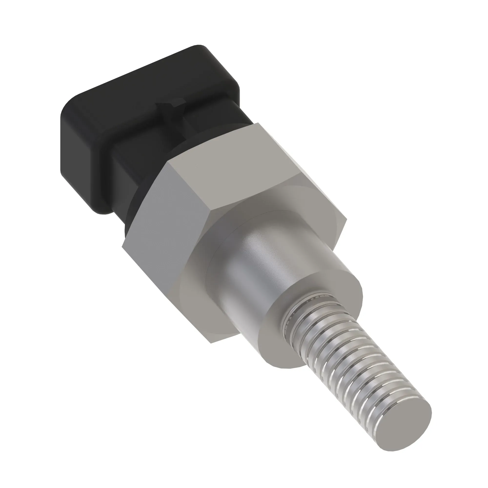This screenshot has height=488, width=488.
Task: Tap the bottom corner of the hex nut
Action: (211, 343)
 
